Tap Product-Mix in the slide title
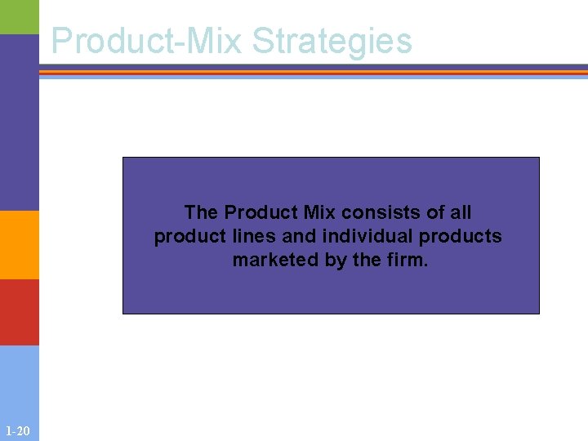pos(148,41)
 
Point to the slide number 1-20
pos(17,430)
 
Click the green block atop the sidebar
pos(19,16)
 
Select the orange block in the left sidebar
pos(19,245)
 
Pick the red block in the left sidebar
pos(19,312)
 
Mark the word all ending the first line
pos(461,212)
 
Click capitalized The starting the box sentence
pos(201,212)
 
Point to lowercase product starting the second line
pos(185,237)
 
